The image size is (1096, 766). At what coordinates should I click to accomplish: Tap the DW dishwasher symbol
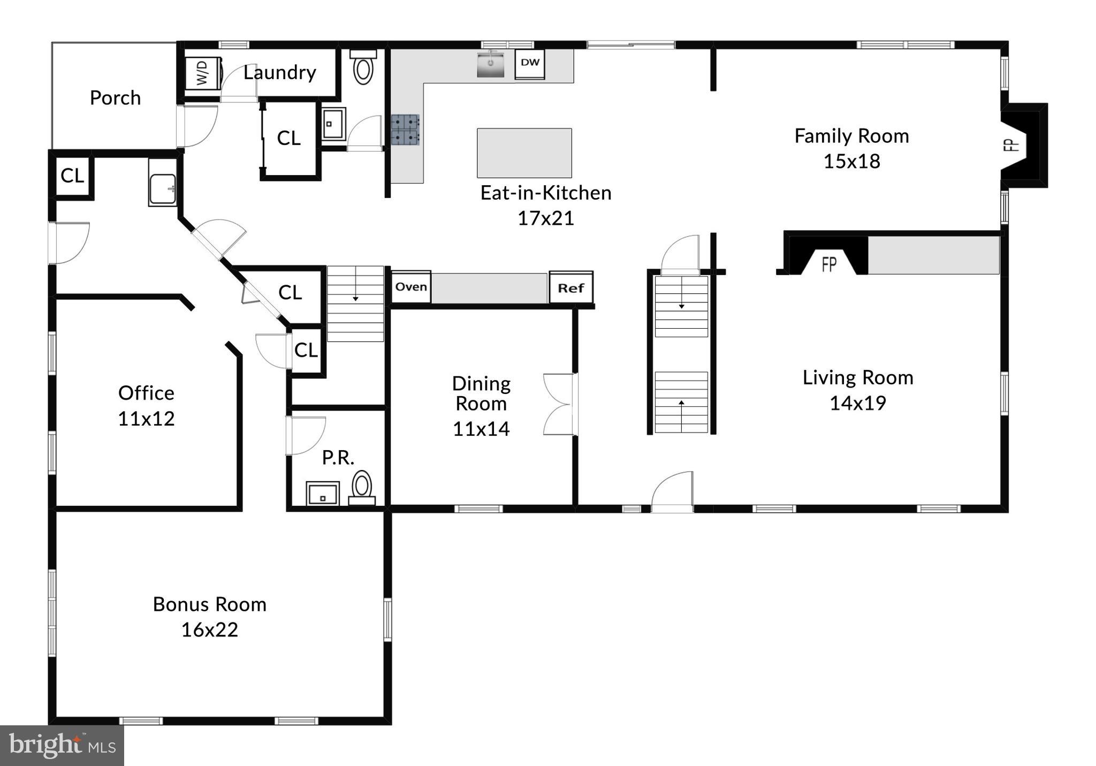pos(530,63)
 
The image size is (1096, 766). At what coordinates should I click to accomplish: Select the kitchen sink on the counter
pos(490,64)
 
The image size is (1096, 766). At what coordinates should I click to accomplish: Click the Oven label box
pos(411,287)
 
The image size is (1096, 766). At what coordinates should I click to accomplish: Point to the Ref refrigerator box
pos(571,288)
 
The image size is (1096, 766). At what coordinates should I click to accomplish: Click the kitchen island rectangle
pos(524,153)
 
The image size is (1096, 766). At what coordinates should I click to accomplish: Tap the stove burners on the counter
pos(405,130)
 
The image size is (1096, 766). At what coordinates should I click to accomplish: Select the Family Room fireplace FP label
pos(1011,145)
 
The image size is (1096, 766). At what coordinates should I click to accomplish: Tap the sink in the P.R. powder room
pos(323,493)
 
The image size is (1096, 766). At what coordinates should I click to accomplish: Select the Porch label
pos(115,98)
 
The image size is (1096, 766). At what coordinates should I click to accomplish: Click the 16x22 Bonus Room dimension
pos(209,630)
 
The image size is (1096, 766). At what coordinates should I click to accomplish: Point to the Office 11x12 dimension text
pos(146,418)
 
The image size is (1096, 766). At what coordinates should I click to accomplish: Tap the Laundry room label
pos(279,72)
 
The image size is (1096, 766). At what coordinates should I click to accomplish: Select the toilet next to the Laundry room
pos(363,68)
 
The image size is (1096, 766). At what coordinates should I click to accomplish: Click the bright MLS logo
pos(62,745)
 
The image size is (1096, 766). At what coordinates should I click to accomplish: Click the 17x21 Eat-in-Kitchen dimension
pos(545,218)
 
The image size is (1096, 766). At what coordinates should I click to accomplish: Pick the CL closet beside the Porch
pos(72,176)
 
